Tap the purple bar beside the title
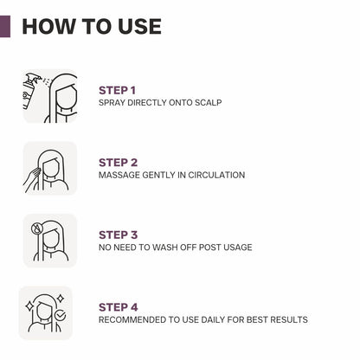4,26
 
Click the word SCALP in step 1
208,103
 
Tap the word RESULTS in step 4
288,320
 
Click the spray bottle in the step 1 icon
31,91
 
